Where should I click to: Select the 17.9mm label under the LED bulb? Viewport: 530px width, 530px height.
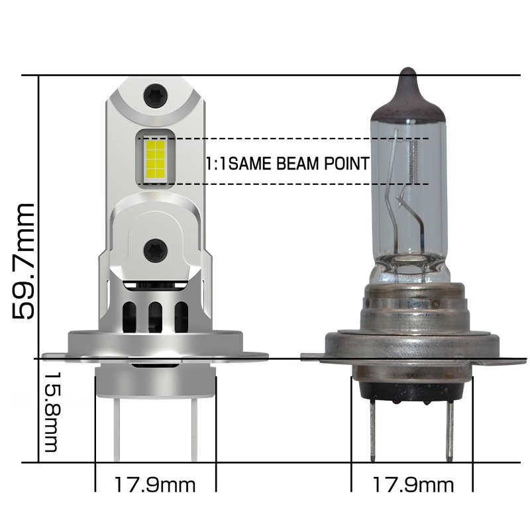pos(156,485)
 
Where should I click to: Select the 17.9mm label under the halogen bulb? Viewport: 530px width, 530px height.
pos(412,485)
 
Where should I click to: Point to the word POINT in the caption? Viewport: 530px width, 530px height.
pos(346,163)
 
